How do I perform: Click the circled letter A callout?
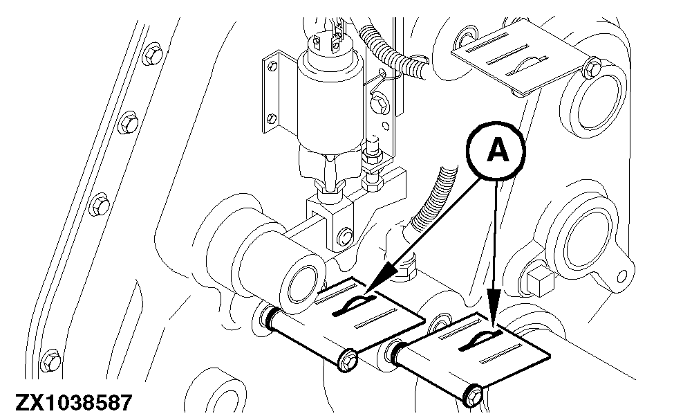click(496, 151)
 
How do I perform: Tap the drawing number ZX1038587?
click(73, 402)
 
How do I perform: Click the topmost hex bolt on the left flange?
click(153, 55)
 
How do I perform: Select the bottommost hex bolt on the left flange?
click(50, 361)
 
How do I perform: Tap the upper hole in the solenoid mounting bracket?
click(272, 66)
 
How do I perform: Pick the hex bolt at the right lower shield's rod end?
click(473, 395)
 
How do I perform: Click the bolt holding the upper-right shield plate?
click(592, 66)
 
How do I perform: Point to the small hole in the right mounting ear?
click(622, 275)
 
